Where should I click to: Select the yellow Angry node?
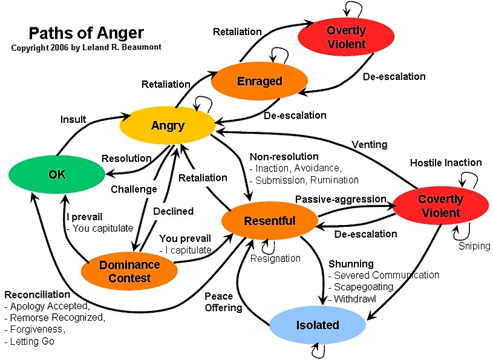[x=168, y=125]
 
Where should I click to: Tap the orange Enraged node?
[x=259, y=81]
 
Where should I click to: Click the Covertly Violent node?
[x=440, y=206]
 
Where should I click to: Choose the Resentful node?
[x=269, y=221]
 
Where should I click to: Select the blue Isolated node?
[x=318, y=325]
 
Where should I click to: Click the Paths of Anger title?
[x=78, y=33]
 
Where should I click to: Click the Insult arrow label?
[x=73, y=119]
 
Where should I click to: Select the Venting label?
[x=369, y=144]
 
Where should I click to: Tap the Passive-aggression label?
[x=341, y=198]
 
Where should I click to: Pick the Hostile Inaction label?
[x=446, y=162]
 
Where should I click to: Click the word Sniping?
[x=474, y=246]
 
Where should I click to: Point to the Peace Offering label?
[x=223, y=302]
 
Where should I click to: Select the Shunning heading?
[x=350, y=264]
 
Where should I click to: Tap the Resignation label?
[x=276, y=258]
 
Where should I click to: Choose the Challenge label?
[x=134, y=189]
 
